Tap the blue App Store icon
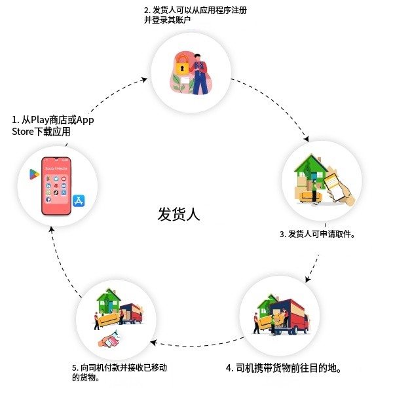(x=80, y=201)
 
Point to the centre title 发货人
(x=179, y=214)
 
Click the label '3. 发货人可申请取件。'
(x=317, y=234)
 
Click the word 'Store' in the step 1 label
(x=25, y=132)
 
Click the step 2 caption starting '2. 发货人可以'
(x=195, y=15)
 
